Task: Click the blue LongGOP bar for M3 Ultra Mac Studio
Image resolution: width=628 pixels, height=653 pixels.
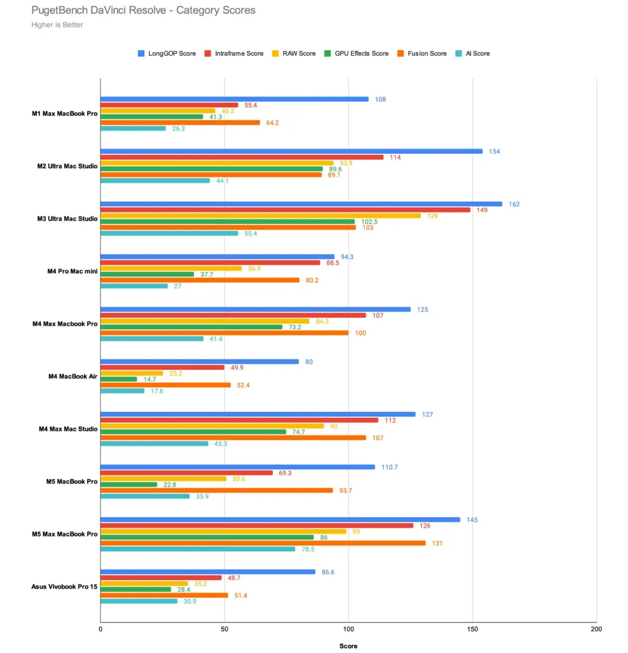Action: point(301,204)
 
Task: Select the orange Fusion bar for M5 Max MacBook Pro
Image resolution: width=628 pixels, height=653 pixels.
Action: point(263,543)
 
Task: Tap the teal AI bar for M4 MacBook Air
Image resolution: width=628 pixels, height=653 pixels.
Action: point(122,391)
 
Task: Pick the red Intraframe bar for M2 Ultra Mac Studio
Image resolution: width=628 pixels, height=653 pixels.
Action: point(241,157)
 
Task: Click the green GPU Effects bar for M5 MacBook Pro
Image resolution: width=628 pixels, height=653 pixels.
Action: point(129,485)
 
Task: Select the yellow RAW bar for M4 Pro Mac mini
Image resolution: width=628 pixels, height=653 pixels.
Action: point(171,268)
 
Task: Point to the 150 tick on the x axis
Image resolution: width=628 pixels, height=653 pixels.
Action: point(472,629)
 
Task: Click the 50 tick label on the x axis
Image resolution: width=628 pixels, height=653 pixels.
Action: point(224,629)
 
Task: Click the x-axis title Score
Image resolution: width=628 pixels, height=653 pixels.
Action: point(348,646)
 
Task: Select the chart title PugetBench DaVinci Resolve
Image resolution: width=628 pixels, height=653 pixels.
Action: point(143,10)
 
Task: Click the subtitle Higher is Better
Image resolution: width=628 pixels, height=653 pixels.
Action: point(57,25)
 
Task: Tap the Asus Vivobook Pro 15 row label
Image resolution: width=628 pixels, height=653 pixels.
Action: point(64,586)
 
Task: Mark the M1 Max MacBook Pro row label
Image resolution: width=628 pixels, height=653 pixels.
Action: point(64,114)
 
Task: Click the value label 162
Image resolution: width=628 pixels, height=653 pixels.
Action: point(514,204)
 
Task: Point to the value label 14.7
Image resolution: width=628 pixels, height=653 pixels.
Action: point(149,379)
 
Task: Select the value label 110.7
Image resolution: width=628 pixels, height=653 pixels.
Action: point(389,467)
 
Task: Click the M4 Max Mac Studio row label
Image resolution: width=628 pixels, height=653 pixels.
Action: point(68,429)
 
